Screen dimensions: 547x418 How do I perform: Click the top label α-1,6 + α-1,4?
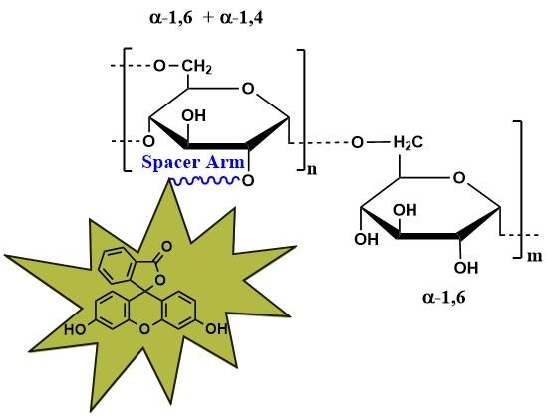[206, 18]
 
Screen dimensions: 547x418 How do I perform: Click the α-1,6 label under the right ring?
[444, 298]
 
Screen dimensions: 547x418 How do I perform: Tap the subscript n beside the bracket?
[312, 169]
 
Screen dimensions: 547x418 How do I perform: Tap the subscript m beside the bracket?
[534, 256]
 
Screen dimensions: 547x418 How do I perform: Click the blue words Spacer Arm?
[193, 162]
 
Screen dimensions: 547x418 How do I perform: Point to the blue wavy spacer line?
[205, 181]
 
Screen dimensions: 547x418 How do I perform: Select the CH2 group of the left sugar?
[196, 66]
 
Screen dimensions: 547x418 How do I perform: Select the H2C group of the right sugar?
[409, 143]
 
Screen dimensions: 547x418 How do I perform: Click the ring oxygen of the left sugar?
[248, 89]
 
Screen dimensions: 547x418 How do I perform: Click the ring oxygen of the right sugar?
[459, 178]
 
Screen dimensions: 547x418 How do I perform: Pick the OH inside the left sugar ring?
[194, 116]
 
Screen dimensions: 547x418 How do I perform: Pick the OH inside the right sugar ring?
[405, 210]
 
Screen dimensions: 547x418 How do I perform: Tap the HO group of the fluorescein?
[75, 329]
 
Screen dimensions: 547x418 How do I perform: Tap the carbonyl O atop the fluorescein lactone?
[166, 247]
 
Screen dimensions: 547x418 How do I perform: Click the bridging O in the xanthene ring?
[144, 329]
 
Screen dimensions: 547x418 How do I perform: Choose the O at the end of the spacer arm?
[248, 181]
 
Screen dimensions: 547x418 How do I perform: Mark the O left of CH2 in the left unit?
[159, 66]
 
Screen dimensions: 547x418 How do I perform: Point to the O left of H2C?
[358, 143]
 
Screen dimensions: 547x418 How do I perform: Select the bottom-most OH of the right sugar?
[466, 268]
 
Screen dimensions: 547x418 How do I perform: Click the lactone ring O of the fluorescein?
[160, 279]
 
